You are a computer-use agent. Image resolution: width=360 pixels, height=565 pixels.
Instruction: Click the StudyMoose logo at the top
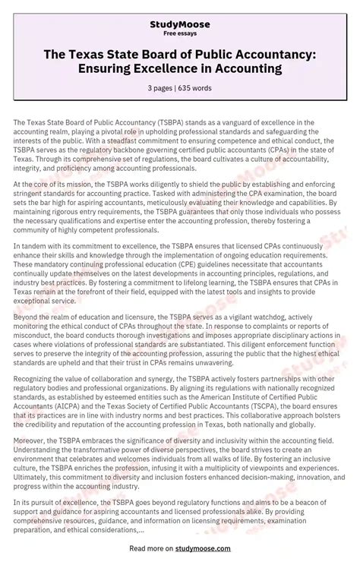(180, 24)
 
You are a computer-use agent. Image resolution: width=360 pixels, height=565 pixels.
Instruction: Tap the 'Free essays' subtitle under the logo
(180, 35)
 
